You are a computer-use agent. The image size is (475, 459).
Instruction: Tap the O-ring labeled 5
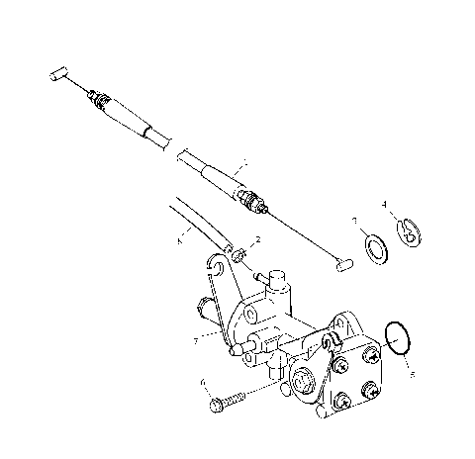tap(397, 337)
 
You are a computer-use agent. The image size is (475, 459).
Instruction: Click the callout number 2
tap(257, 239)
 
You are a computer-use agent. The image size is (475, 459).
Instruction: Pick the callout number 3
tap(354, 221)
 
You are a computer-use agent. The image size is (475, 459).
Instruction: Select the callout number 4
tap(384, 205)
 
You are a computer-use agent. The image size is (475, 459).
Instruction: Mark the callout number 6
tap(202, 380)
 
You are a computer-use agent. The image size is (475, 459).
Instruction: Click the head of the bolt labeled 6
tap(215, 407)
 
